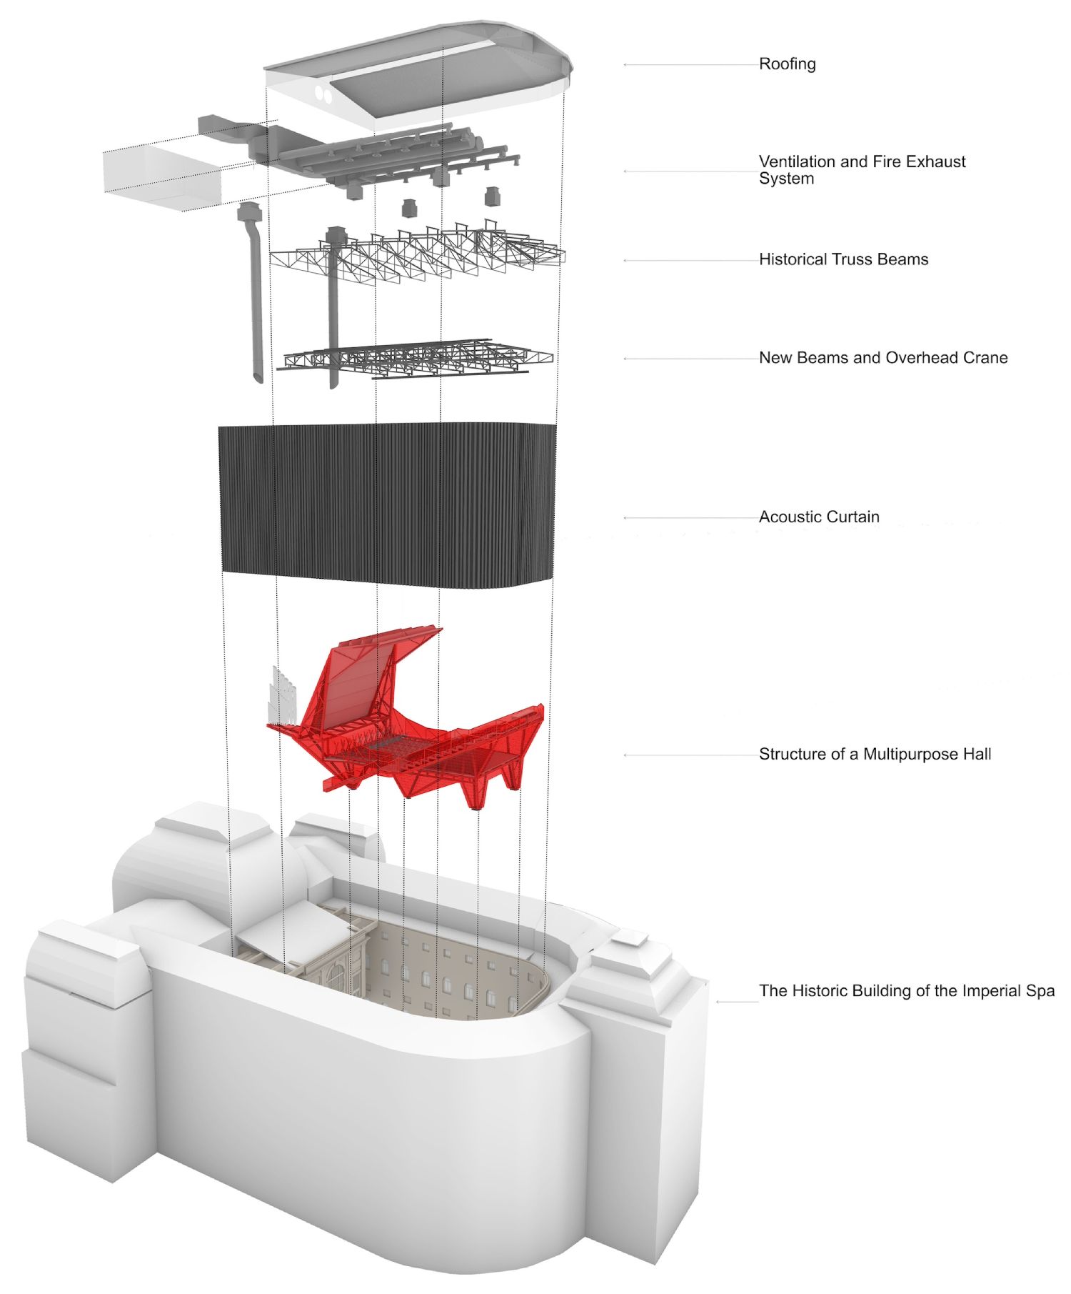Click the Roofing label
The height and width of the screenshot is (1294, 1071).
tap(787, 64)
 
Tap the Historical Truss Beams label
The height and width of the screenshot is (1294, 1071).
tap(843, 259)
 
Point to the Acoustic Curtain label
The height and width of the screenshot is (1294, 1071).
tap(818, 517)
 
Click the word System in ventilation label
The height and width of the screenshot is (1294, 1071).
tap(786, 179)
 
